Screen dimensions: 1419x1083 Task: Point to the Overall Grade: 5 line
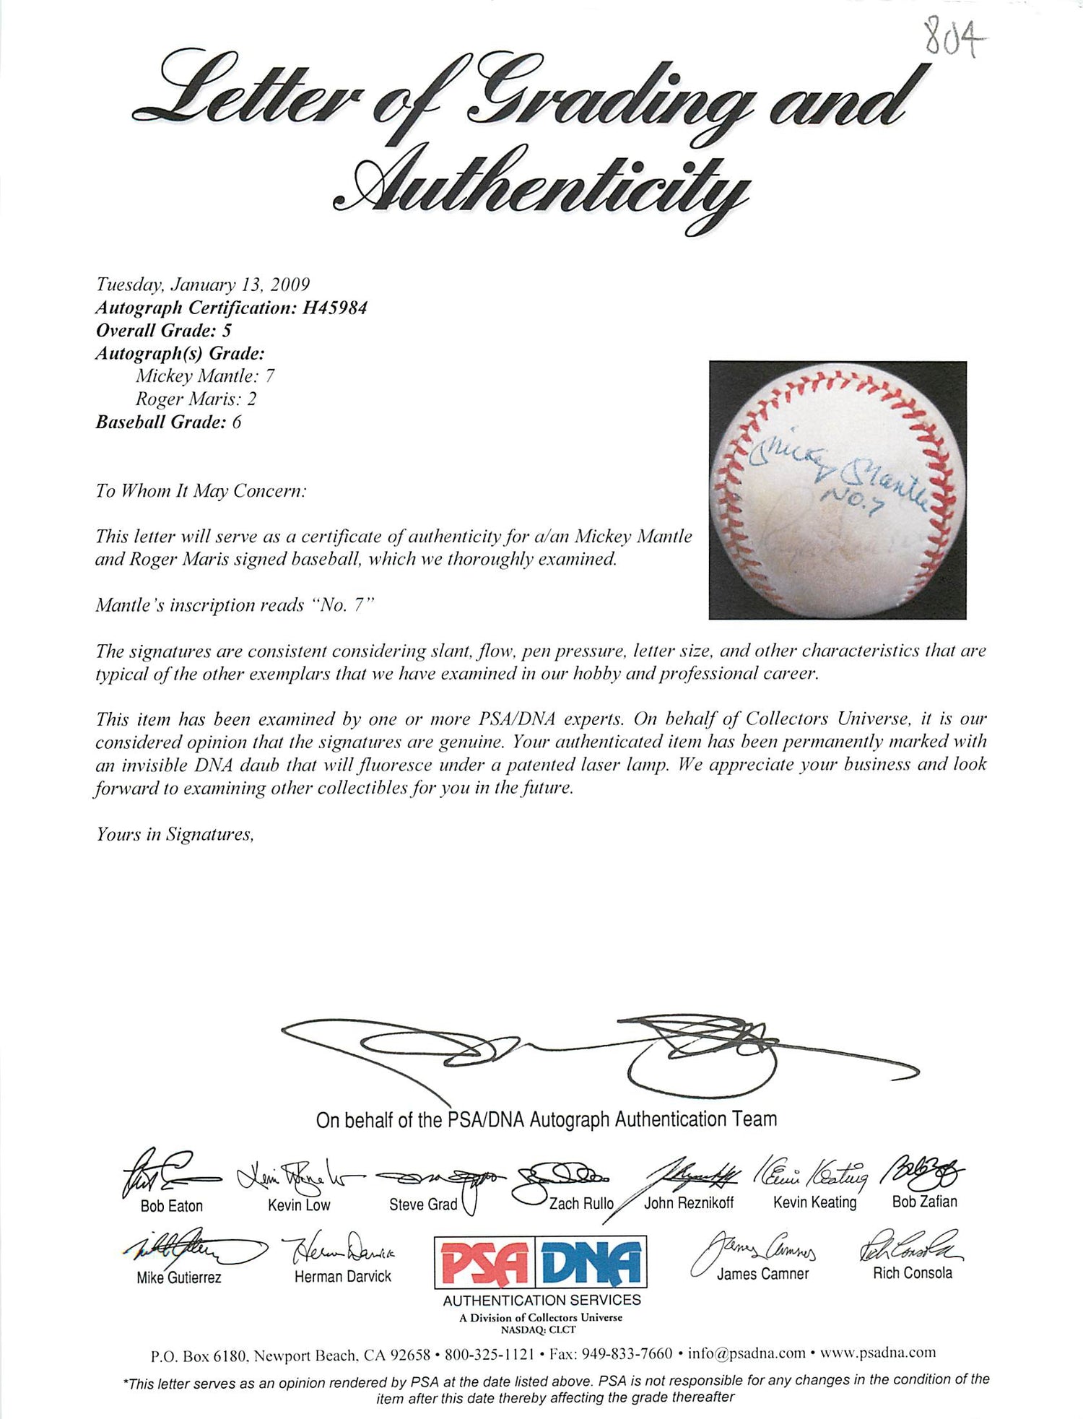click(163, 331)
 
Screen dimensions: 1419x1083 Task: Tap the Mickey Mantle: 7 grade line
click(204, 376)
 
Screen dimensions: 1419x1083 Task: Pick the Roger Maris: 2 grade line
click(196, 399)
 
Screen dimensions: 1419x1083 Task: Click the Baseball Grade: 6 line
click(168, 422)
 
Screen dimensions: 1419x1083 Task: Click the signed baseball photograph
click(838, 490)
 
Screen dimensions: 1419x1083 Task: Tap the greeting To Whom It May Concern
click(201, 491)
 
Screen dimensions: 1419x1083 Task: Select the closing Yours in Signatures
click(175, 835)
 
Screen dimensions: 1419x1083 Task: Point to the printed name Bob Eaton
click(172, 1205)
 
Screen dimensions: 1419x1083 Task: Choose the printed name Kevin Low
click(299, 1205)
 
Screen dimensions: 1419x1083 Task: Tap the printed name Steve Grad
click(423, 1204)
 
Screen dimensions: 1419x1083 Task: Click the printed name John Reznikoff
click(689, 1202)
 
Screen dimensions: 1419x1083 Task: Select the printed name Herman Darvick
click(343, 1276)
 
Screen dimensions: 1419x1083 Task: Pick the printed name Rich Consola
click(913, 1273)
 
